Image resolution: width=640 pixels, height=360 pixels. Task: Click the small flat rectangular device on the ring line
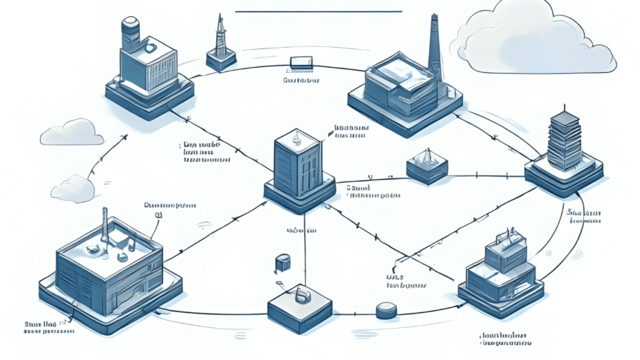click(301, 63)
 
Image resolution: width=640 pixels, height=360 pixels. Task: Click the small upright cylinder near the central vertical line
click(282, 263)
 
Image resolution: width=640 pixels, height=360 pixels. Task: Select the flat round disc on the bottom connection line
click(386, 310)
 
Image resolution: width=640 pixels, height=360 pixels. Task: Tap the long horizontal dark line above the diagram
click(319, 11)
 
